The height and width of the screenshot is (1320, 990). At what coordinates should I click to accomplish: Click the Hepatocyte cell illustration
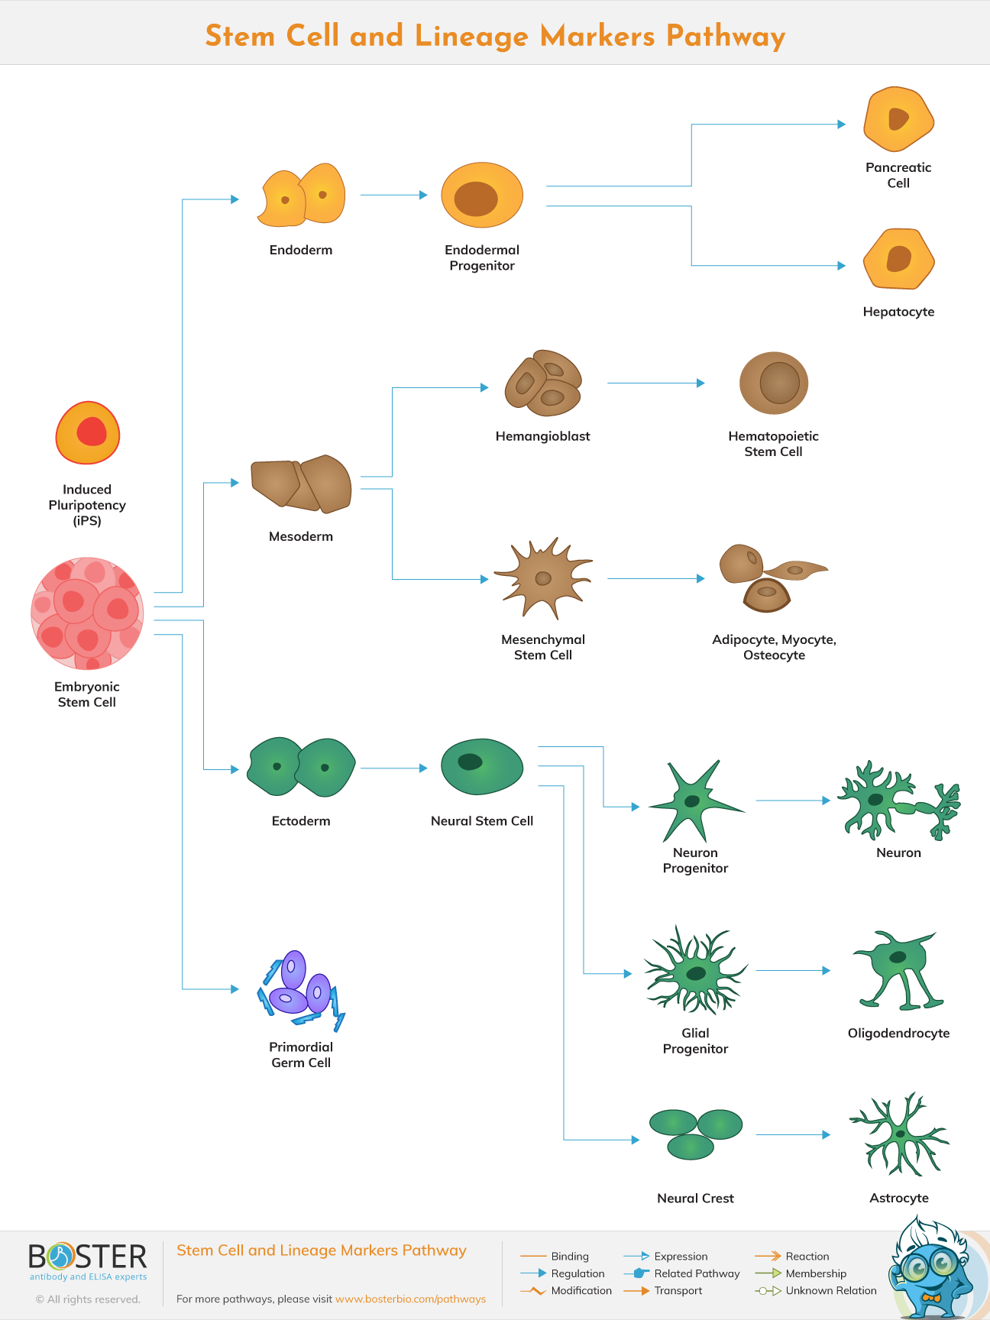[x=899, y=260]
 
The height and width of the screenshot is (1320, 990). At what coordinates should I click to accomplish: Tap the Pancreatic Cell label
[x=898, y=175]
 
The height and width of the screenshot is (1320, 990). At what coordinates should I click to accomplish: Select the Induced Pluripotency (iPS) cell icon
[x=88, y=433]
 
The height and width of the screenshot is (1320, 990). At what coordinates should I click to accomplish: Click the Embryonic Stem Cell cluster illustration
[x=87, y=613]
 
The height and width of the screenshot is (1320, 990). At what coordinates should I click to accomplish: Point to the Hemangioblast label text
[x=542, y=436]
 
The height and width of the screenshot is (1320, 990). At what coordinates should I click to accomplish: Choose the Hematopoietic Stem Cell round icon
[x=774, y=383]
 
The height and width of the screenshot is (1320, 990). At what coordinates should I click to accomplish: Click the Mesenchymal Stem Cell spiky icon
[x=542, y=577]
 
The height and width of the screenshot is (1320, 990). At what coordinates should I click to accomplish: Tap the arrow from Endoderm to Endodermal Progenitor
[x=393, y=195]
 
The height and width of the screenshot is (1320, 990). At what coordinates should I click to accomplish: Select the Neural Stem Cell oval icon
[x=482, y=766]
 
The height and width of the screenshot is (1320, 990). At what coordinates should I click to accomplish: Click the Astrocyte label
[x=899, y=1198]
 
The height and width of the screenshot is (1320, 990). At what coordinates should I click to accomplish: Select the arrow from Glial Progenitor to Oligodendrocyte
[x=792, y=970]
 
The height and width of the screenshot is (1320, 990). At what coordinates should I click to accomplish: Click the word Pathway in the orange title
[x=725, y=36]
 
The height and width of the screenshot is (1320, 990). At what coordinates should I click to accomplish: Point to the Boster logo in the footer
[x=88, y=1261]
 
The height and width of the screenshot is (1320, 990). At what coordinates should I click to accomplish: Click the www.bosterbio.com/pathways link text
[x=410, y=1299]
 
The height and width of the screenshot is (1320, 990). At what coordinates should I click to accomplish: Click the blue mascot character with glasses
[x=928, y=1270]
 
